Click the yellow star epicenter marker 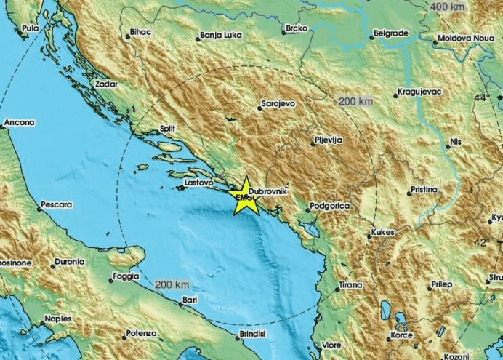tap(246, 196)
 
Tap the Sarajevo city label tap(278, 105)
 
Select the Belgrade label tap(390, 33)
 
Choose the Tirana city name tap(350, 286)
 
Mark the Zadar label tap(106, 84)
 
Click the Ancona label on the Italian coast tap(19, 123)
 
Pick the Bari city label tap(189, 299)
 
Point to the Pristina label tap(423, 189)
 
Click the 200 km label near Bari tap(172, 283)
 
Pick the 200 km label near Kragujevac tap(355, 101)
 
